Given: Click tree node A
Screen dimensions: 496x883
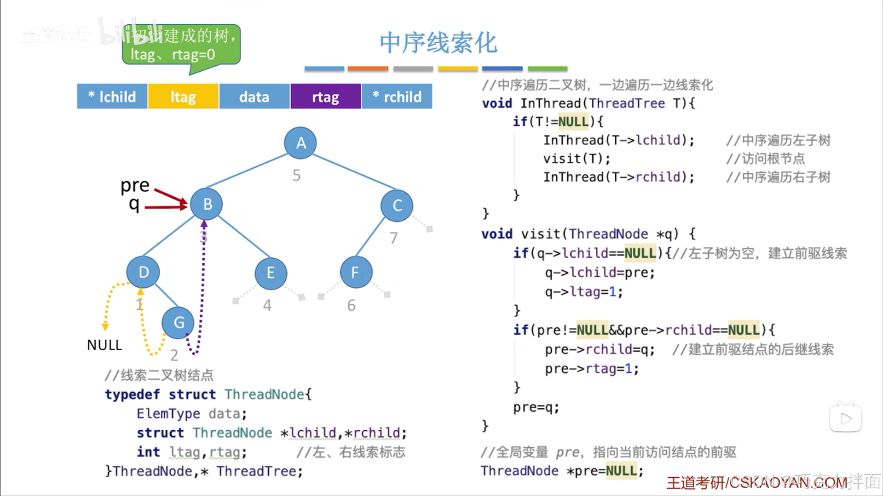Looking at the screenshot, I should coord(300,143).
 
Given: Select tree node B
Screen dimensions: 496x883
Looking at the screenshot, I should coord(207,204).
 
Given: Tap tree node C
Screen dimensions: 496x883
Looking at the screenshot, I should coord(397,205).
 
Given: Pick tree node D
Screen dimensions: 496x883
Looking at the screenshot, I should coord(143,272).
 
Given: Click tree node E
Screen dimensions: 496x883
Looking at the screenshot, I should coord(271,274).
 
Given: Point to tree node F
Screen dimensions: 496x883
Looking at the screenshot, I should coord(356,273).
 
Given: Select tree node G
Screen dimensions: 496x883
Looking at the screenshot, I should coord(178,323).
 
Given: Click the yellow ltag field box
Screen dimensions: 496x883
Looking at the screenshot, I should coord(183,97).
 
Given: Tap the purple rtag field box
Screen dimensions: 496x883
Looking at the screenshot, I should coord(325,97).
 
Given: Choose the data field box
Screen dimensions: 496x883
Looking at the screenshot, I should coord(254,97).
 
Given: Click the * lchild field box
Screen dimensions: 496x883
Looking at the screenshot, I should coord(112,97).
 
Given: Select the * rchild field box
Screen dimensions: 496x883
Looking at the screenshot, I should coord(397,97).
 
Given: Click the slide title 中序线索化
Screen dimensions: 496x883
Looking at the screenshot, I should coord(438,43).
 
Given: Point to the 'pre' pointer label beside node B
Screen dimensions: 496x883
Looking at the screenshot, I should coord(135,185).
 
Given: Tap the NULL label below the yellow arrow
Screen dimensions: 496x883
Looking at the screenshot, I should coord(104,345).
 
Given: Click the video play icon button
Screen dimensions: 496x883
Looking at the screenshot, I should coord(845,418).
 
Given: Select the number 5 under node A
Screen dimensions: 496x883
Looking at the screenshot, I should coord(296,175).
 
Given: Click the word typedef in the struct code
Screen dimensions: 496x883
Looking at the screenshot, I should coord(132,394).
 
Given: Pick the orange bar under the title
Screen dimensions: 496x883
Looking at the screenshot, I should coord(368,68).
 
